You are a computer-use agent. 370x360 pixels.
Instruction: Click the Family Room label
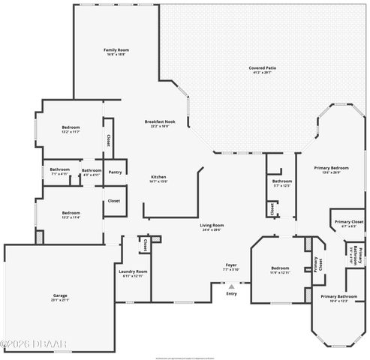[117, 50]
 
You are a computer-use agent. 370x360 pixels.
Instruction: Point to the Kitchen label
[158, 176]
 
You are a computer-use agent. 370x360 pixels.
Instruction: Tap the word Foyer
[231, 265]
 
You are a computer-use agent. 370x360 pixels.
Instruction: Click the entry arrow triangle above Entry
[231, 285]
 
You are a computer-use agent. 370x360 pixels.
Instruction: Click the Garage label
[60, 295]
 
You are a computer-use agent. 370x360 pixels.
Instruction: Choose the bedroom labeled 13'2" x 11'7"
[71, 127]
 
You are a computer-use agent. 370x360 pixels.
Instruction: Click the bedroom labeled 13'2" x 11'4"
[71, 212]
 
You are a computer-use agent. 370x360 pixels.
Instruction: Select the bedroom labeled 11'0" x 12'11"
[279, 268]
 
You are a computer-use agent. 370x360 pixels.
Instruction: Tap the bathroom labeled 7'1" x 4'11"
[60, 170]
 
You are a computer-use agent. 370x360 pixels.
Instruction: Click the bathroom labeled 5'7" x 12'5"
[282, 181]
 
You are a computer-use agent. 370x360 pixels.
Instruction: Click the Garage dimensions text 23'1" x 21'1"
[60, 300]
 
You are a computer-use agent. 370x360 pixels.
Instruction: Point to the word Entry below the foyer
[231, 293]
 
